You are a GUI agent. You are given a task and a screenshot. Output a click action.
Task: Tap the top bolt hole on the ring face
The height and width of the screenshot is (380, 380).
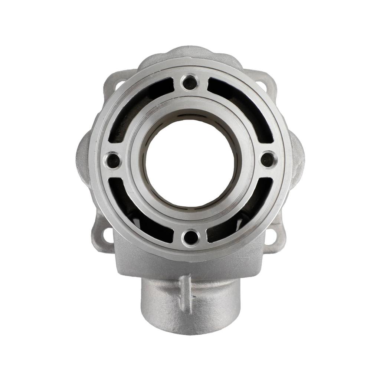[190, 82]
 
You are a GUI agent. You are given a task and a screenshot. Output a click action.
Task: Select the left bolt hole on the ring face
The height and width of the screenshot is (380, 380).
[112, 161]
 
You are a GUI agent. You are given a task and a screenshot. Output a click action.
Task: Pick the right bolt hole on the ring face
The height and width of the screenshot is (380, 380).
[268, 160]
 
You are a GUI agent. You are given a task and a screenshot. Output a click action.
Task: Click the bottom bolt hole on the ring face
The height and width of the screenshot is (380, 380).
[191, 237]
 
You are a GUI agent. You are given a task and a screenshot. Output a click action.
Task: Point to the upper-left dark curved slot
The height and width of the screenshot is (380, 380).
[137, 104]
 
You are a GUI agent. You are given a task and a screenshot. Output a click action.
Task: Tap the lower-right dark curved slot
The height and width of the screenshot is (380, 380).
[243, 215]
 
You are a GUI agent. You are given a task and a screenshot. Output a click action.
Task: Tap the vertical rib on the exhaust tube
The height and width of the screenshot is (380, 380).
[185, 293]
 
